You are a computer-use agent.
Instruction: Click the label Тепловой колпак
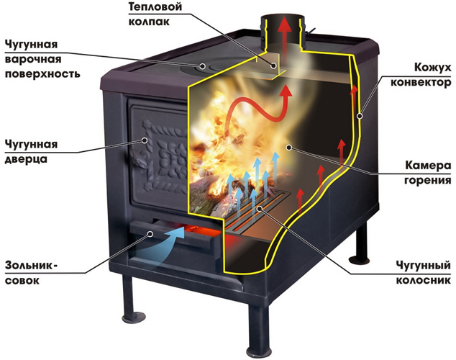coord(155,14)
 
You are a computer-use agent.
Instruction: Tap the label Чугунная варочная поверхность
coord(42,59)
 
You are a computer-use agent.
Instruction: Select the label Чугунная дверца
coord(31,152)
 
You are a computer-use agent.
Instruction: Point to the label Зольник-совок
coord(31,273)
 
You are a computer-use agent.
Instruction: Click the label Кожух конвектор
coord(421,75)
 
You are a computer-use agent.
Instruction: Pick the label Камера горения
coord(428,173)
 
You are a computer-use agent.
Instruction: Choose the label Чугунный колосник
coord(424,273)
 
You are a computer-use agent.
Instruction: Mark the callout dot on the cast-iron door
coord(145,140)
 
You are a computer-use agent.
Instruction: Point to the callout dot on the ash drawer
coord(150,234)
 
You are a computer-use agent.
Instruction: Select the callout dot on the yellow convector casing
coord(360,116)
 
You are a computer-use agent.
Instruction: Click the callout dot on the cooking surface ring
coord(203,66)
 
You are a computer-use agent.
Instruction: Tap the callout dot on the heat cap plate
coord(273,66)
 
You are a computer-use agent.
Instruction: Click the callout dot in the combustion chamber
coord(288,148)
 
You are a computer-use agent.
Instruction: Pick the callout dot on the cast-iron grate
coord(260,208)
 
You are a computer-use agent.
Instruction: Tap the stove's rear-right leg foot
coord(359,258)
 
